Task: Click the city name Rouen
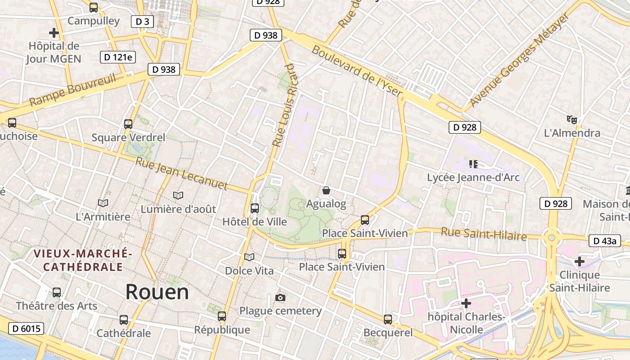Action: tap(157, 292)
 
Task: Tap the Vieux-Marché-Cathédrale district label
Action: tap(83, 260)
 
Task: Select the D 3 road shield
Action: tap(142, 21)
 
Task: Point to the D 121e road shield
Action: tap(118, 57)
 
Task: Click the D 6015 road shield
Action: tap(26, 328)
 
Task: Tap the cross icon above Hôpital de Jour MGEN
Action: tap(54, 33)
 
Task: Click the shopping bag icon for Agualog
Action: tap(326, 190)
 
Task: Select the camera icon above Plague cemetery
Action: tap(280, 297)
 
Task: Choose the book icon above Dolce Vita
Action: tap(249, 257)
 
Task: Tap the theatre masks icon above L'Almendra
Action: tap(572, 119)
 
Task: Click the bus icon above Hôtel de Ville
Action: tap(255, 208)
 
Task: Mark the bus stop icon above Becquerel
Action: tap(388, 319)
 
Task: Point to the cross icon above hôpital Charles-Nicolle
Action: tap(466, 303)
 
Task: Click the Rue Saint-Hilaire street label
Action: tap(483, 234)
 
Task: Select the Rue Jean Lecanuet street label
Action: tap(181, 173)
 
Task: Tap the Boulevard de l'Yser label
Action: tap(357, 71)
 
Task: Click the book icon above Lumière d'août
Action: tap(178, 195)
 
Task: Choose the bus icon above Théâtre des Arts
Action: tap(57, 292)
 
